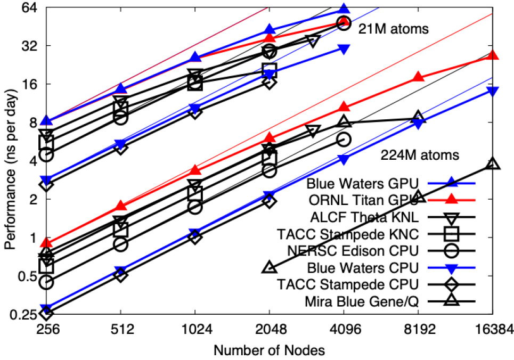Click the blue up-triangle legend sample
[x=451, y=182]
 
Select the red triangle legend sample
[x=451, y=199]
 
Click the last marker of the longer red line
[x=493, y=55]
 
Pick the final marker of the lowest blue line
[x=493, y=92]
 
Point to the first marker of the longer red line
[x=46, y=243]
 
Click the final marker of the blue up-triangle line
[x=344, y=9]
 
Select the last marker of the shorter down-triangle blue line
[x=344, y=50]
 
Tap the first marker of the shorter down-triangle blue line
[x=46, y=181]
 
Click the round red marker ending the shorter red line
[x=344, y=23]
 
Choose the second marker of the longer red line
[x=121, y=206]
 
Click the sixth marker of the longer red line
[x=418, y=77]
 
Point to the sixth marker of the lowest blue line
[x=418, y=124]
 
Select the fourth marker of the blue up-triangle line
[x=270, y=29]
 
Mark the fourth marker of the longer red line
[x=270, y=137]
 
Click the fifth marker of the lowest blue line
[x=344, y=160]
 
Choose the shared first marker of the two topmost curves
[x=46, y=121]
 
